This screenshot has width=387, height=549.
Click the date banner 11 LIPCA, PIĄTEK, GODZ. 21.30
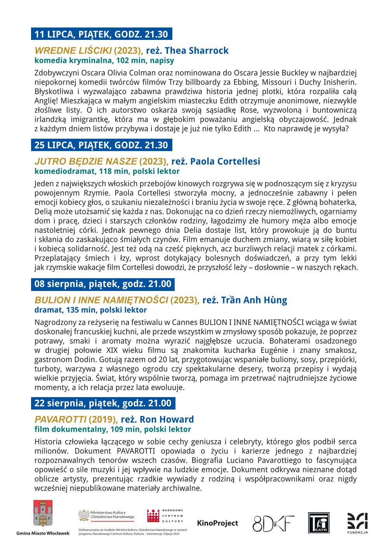click(101, 34)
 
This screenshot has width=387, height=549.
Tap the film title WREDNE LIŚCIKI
click(73, 51)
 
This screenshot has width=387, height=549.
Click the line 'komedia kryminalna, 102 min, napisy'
click(104, 60)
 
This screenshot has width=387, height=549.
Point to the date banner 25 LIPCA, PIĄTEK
click(101, 145)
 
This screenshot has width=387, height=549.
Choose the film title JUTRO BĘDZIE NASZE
click(85, 162)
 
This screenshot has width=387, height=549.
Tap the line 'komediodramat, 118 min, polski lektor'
click(107, 171)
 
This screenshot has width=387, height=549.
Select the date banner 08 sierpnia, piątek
click(103, 284)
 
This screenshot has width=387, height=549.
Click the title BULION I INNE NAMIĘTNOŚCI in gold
click(101, 300)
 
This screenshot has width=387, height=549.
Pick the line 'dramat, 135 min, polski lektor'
click(90, 310)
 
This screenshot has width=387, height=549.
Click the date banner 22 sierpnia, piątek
click(103, 403)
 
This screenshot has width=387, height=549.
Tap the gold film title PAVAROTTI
click(61, 420)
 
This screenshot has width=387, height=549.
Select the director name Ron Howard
click(167, 420)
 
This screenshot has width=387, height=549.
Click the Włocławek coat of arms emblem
click(43, 514)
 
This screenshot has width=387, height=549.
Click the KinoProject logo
click(217, 523)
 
